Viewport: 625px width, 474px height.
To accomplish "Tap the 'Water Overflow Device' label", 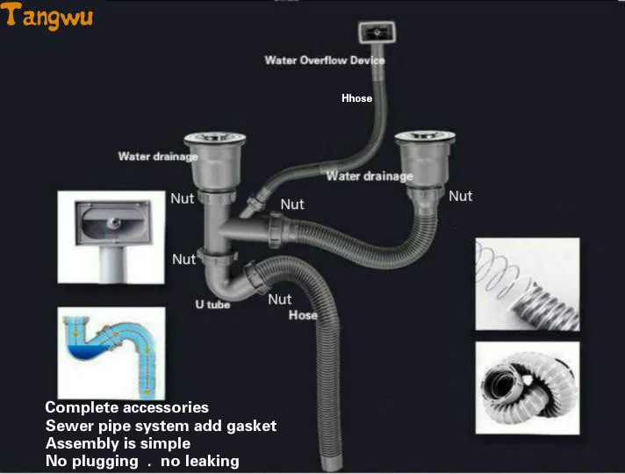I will click(x=325, y=61).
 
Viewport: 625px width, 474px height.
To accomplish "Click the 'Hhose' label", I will click(x=356, y=98).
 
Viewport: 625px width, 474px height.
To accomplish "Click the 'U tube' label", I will click(x=212, y=305).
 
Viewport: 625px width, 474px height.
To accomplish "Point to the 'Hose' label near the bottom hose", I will click(x=303, y=315).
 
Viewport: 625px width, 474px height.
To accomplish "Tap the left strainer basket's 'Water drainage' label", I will click(x=158, y=157).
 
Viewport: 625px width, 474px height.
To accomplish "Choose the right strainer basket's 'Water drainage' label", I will click(x=369, y=176).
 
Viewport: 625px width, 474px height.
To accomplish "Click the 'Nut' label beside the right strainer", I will click(x=460, y=197).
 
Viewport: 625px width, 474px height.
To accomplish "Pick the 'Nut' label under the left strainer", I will click(x=183, y=199).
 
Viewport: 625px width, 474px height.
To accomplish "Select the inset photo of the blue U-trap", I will click(x=111, y=351).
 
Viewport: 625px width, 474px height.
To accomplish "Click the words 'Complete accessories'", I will click(x=126, y=407).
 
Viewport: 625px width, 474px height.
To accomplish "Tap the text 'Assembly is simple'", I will click(x=118, y=443).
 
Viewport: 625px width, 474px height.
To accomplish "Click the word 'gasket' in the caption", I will click(x=252, y=426).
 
